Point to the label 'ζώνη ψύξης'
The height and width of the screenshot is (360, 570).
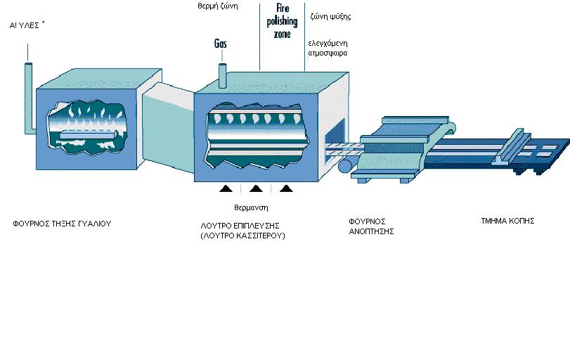[330, 15]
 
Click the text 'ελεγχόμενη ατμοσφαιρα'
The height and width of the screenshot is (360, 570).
[328, 47]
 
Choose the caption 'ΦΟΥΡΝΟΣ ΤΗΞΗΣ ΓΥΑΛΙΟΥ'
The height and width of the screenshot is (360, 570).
[62, 224]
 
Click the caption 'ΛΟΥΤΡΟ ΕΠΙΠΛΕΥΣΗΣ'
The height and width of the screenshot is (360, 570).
[240, 225]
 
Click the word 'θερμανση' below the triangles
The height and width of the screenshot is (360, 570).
[251, 208]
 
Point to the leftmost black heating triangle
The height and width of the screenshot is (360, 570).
[226, 188]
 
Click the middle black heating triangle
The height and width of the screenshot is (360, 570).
[256, 188]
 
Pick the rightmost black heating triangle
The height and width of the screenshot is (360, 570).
[285, 188]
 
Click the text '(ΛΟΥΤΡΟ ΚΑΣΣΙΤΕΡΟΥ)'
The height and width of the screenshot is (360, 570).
[242, 236]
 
